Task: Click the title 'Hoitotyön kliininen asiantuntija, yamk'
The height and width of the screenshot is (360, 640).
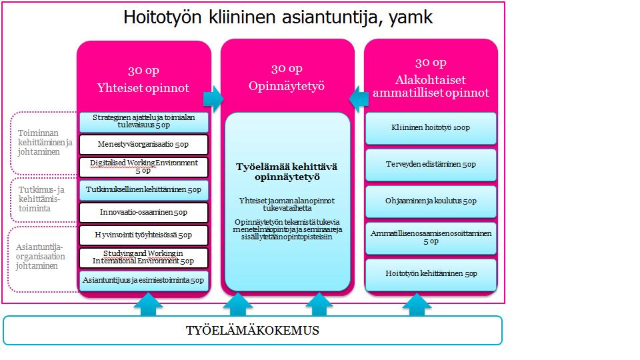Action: (278, 17)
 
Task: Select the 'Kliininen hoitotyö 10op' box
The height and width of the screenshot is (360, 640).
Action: (431, 127)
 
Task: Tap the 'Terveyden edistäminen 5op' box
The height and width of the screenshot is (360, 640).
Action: (431, 164)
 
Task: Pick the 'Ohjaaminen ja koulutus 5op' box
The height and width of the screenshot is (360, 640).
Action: (431, 201)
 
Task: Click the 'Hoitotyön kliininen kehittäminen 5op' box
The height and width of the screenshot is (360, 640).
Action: (431, 274)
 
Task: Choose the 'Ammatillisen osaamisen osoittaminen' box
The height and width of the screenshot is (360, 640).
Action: (431, 237)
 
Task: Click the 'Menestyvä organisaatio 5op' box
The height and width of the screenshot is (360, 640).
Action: (143, 145)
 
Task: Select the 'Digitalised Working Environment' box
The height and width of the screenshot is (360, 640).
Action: (143, 167)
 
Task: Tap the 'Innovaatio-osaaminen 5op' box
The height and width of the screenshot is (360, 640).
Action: (143, 213)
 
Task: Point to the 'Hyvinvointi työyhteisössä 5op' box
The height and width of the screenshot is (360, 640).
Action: (143, 235)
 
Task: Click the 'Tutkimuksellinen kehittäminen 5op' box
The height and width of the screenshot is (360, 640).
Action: (143, 190)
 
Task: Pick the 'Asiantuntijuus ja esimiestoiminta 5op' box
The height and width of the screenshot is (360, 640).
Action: (143, 281)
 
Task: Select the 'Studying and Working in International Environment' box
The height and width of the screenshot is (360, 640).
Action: (143, 257)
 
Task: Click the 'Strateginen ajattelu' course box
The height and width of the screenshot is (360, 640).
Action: (143, 121)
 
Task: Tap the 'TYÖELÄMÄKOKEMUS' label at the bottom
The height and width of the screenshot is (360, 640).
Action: (252, 331)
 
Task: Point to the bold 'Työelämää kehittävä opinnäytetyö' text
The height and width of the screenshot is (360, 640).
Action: (287, 172)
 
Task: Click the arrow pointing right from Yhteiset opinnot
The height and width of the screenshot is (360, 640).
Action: (213, 99)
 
